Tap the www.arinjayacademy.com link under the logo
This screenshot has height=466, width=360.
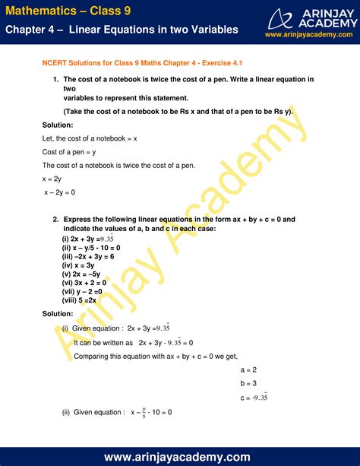(x=309, y=34)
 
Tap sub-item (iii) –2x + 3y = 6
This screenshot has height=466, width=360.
(x=87, y=256)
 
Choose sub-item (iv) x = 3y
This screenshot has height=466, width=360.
(x=78, y=265)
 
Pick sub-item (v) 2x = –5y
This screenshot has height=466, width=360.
(x=81, y=274)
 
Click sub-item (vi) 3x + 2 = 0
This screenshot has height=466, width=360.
(x=84, y=284)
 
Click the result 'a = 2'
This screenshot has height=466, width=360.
(x=248, y=369)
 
